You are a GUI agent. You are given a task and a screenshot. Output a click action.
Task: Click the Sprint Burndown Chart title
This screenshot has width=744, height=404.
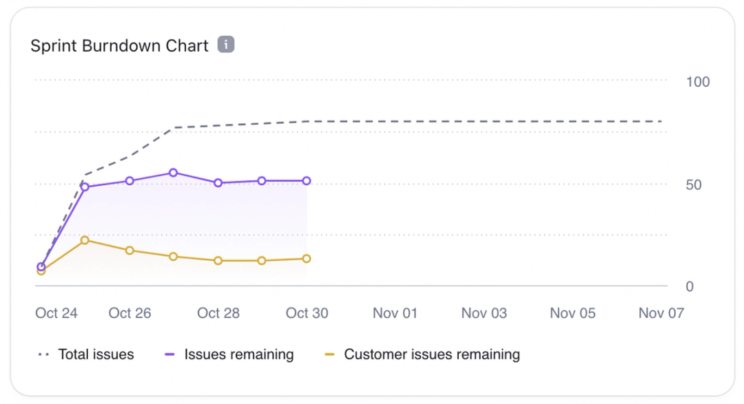point(119,46)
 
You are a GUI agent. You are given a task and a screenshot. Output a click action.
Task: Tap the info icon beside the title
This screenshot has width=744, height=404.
point(226,45)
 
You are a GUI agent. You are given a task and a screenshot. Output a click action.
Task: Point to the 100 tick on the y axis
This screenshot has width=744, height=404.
point(698,82)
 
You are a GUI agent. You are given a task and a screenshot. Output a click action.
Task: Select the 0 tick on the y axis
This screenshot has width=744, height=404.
point(690,286)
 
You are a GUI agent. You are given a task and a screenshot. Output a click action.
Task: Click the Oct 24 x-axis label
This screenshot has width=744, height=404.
point(56,313)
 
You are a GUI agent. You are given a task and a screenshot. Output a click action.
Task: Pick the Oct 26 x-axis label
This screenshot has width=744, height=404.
point(130,313)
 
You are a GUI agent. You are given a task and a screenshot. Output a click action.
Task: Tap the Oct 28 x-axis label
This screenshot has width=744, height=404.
point(218,313)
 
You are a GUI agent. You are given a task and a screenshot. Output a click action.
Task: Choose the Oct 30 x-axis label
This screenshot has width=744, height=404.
point(307,313)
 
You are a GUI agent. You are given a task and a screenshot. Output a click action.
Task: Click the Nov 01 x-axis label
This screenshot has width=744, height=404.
point(395,313)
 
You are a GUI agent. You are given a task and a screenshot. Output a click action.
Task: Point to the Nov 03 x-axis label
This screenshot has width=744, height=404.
point(484,313)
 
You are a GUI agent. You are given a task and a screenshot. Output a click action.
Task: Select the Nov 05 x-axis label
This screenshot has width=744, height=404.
point(572,313)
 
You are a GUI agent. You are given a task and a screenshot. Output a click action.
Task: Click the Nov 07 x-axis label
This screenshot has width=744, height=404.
point(661,313)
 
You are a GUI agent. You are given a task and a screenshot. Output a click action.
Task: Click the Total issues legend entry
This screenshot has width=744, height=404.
point(86,355)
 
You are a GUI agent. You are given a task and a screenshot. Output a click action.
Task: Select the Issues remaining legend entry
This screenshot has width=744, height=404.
point(229,355)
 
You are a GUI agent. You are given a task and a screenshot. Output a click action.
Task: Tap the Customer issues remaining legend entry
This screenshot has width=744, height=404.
point(422,355)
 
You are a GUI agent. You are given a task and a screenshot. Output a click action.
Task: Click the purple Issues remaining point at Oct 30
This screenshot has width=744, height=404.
point(307,181)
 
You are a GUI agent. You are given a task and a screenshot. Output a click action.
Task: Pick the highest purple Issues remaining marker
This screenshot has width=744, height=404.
point(174,173)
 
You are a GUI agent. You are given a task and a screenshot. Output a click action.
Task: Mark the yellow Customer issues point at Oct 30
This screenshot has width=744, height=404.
point(307,259)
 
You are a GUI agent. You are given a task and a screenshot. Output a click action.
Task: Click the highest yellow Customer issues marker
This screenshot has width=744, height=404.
point(85,240)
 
